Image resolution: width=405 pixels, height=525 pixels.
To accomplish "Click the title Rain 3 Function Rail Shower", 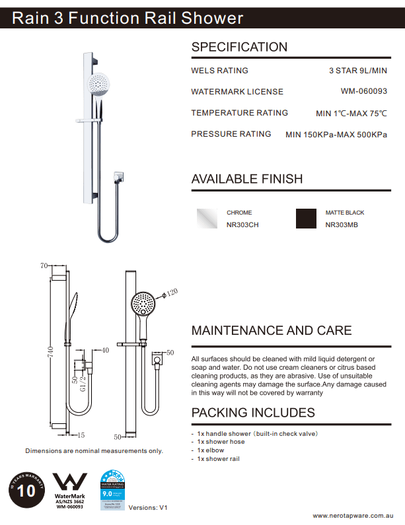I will coord(128,18).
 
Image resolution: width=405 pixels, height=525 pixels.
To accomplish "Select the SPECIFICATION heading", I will coord(239,47).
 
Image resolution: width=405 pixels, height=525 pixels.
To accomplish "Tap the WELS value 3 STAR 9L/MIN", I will coord(357,71).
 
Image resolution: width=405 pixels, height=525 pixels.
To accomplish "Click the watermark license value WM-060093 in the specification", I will coord(363,92).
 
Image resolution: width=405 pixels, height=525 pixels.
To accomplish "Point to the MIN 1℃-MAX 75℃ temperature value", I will coord(351,114).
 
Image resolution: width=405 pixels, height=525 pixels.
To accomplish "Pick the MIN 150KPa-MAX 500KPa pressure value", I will coord(336,135).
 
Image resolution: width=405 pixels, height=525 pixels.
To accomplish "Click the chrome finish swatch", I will coord(207,218).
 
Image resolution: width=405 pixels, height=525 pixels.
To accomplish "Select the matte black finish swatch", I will coord(306,218).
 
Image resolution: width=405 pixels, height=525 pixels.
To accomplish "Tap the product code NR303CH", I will coord(242,225).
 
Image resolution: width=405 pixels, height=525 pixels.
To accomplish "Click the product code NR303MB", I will coord(342,225).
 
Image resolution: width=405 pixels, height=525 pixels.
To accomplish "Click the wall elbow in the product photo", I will coord(118,176).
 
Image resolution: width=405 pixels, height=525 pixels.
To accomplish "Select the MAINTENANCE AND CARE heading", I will coord(272,331).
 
